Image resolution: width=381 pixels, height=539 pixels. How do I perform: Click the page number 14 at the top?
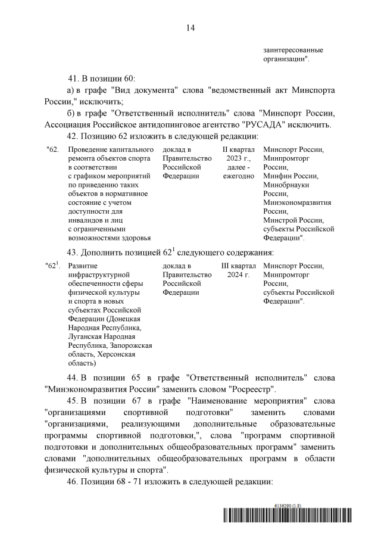tap(190, 28)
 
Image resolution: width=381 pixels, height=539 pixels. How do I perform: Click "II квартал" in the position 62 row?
tap(238, 149)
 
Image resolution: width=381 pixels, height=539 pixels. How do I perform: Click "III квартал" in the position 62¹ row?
tap(238, 266)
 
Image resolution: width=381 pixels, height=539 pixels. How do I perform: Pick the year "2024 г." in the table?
tap(238, 275)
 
